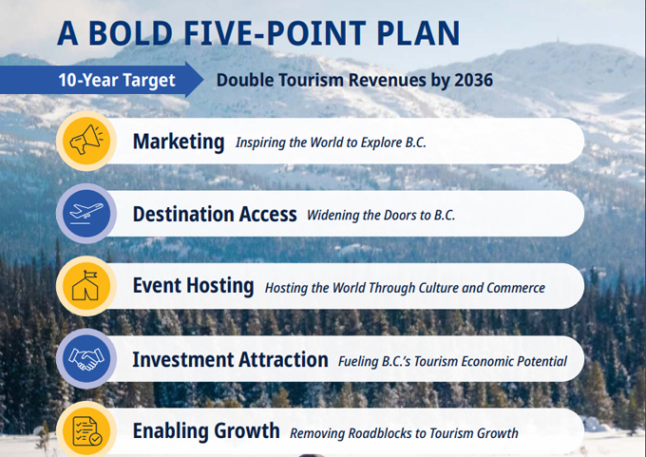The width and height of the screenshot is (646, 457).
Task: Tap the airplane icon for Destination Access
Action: point(86,214)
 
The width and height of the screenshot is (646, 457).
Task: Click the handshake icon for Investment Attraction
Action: point(86,359)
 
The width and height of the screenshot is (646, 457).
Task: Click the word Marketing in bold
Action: point(179,143)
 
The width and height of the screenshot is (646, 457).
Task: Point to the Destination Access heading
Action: point(215,215)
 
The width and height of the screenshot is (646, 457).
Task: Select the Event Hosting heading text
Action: point(193,286)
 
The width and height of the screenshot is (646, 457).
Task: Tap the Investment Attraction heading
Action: point(230,359)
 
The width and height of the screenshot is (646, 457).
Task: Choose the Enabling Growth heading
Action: point(206,431)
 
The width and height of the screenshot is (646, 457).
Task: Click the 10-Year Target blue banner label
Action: point(117,80)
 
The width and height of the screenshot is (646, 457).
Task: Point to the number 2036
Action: point(472,80)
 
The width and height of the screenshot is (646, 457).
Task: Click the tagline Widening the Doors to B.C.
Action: point(381,216)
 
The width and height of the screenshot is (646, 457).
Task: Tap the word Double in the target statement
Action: point(243,80)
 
